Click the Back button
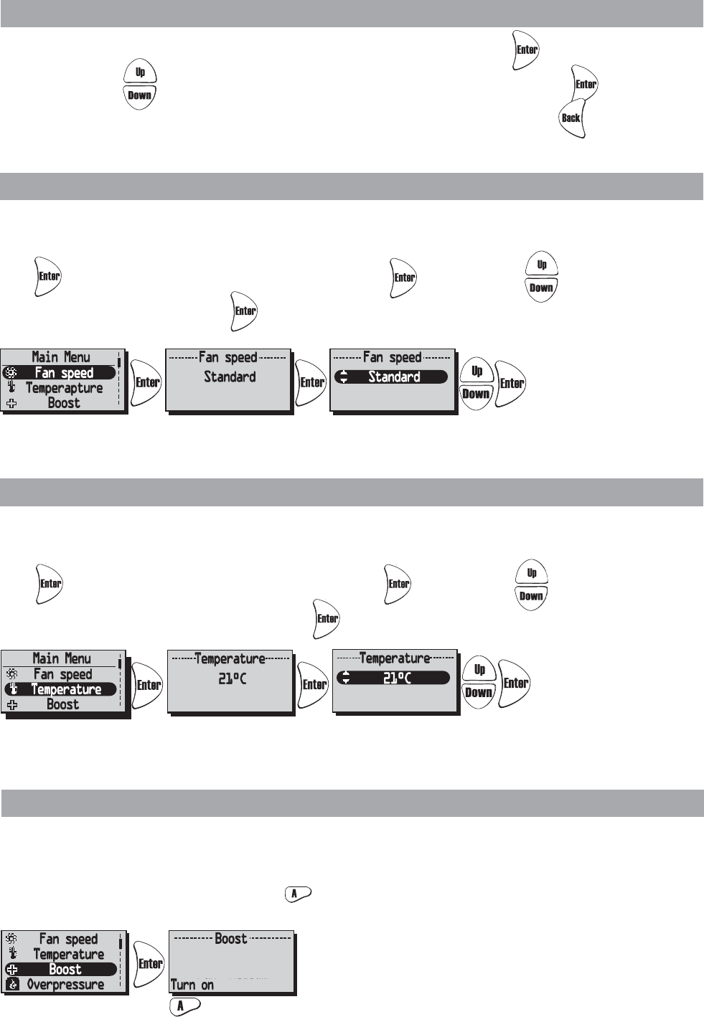[571, 118]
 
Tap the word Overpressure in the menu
[65, 985]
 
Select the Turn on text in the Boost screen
[192, 985]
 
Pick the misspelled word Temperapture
[65, 388]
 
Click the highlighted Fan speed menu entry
[64, 373]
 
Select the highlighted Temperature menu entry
[66, 689]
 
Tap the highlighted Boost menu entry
[65, 969]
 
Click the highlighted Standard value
[394, 377]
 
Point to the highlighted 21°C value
[397, 678]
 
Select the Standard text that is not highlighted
[230, 377]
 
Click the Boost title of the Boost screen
[231, 939]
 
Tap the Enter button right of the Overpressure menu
[150, 963]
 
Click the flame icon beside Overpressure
[11, 985]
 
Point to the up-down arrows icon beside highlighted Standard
[343, 377]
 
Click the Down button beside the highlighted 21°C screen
[479, 693]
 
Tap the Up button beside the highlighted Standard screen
[477, 371]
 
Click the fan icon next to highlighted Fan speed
[11, 373]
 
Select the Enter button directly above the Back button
[586, 85]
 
